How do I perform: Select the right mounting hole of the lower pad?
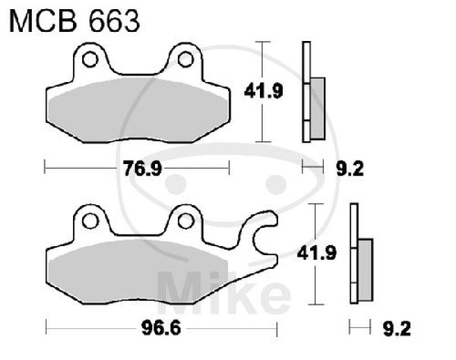point(184,219)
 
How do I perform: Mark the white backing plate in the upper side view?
point(306,91)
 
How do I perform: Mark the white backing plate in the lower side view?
point(354,253)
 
